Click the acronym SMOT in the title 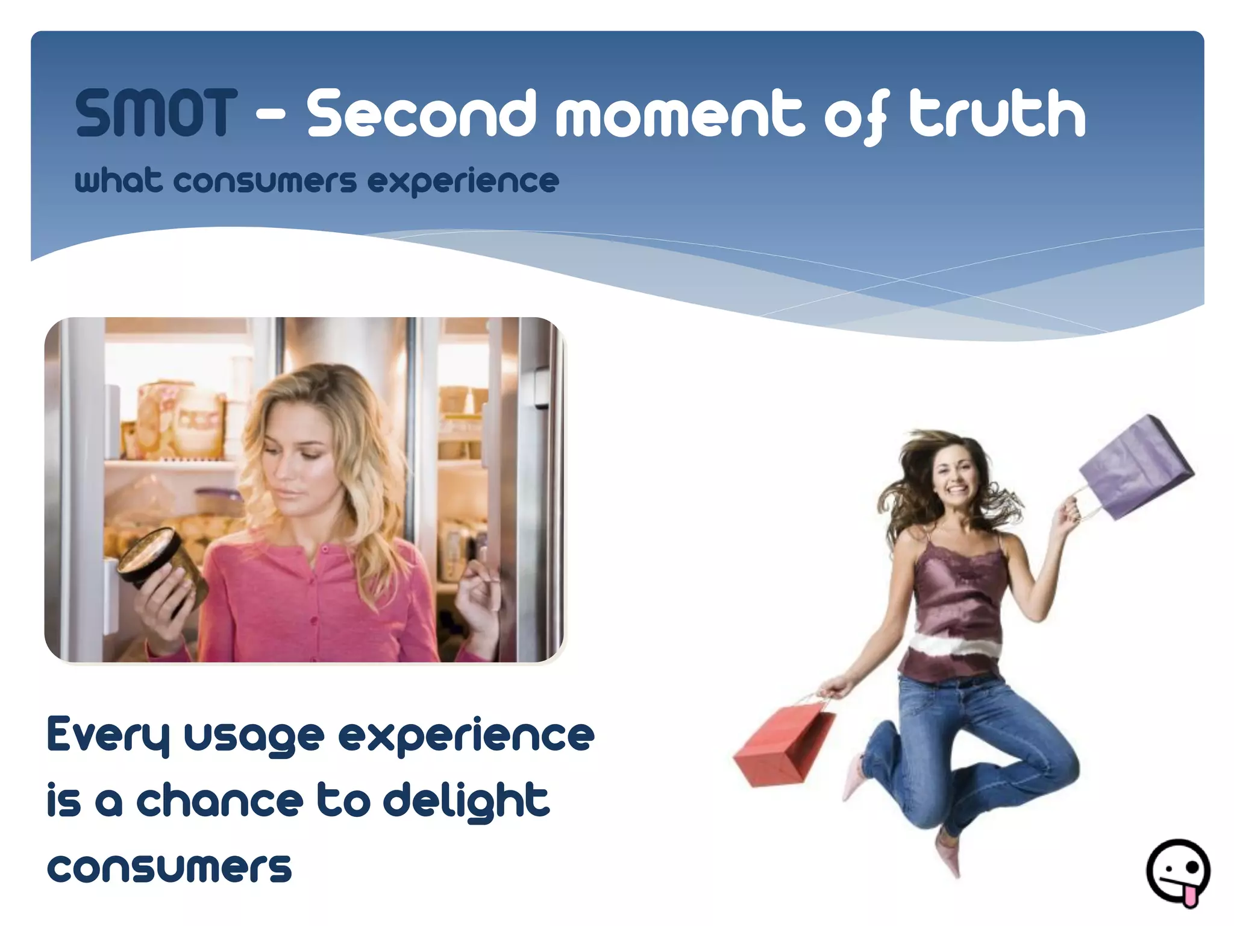[x=156, y=113]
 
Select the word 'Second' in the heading [x=421, y=113]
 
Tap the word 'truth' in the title [x=997, y=113]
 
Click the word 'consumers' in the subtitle [x=265, y=181]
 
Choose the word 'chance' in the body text [x=220, y=801]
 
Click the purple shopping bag [x=1136, y=467]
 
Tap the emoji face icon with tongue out [x=1177, y=872]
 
